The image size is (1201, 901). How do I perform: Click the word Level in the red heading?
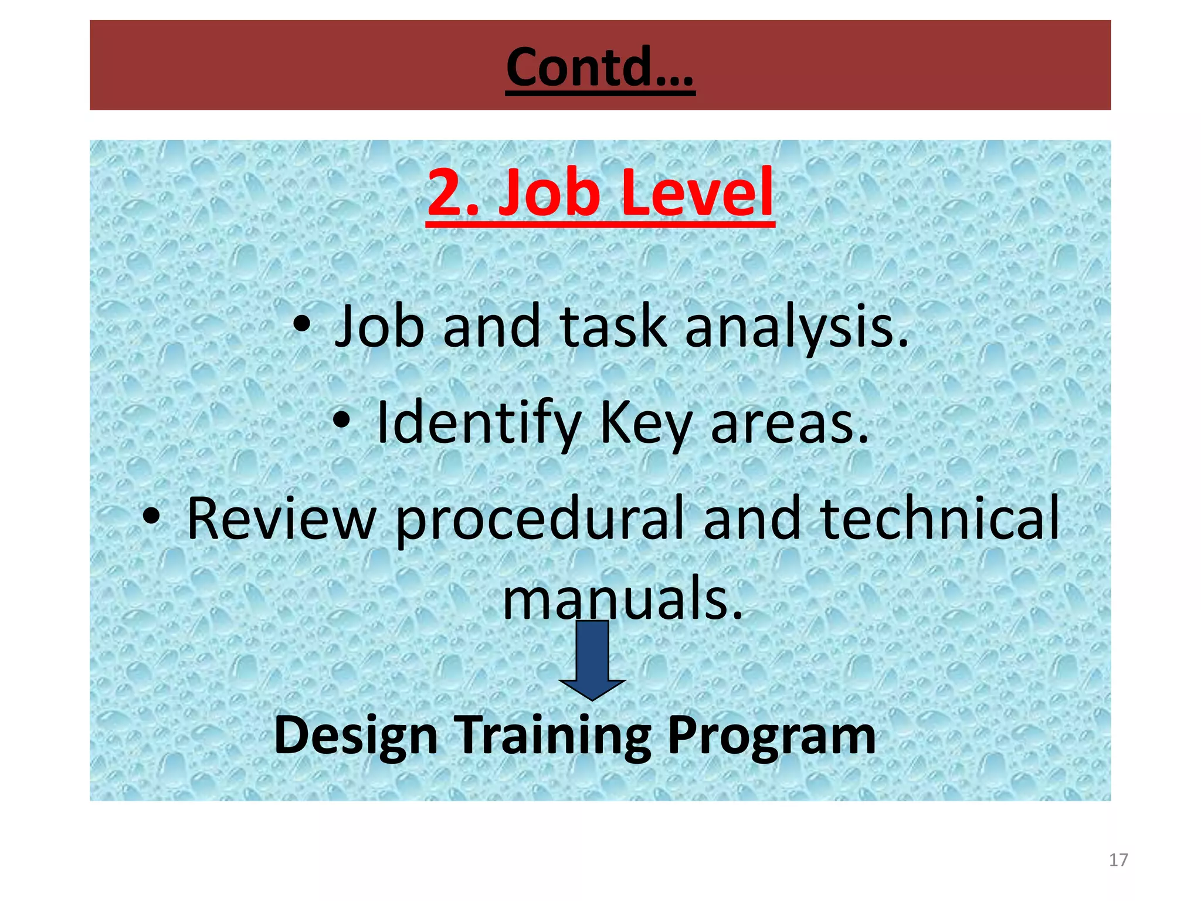pos(697,192)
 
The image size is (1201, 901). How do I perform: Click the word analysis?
pos(796,327)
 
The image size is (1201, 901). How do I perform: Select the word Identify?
pos(478,423)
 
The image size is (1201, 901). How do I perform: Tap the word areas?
pos(789,423)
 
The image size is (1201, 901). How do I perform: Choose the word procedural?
pos(540,520)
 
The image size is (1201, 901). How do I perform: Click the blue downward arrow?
pos(592,660)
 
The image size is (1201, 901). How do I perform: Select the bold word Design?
pos(356,736)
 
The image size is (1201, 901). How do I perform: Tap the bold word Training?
pos(554,736)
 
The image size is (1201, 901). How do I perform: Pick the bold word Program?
pos(771,736)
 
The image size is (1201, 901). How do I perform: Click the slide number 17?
pos(1118,860)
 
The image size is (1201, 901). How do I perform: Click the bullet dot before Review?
pos(151,516)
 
